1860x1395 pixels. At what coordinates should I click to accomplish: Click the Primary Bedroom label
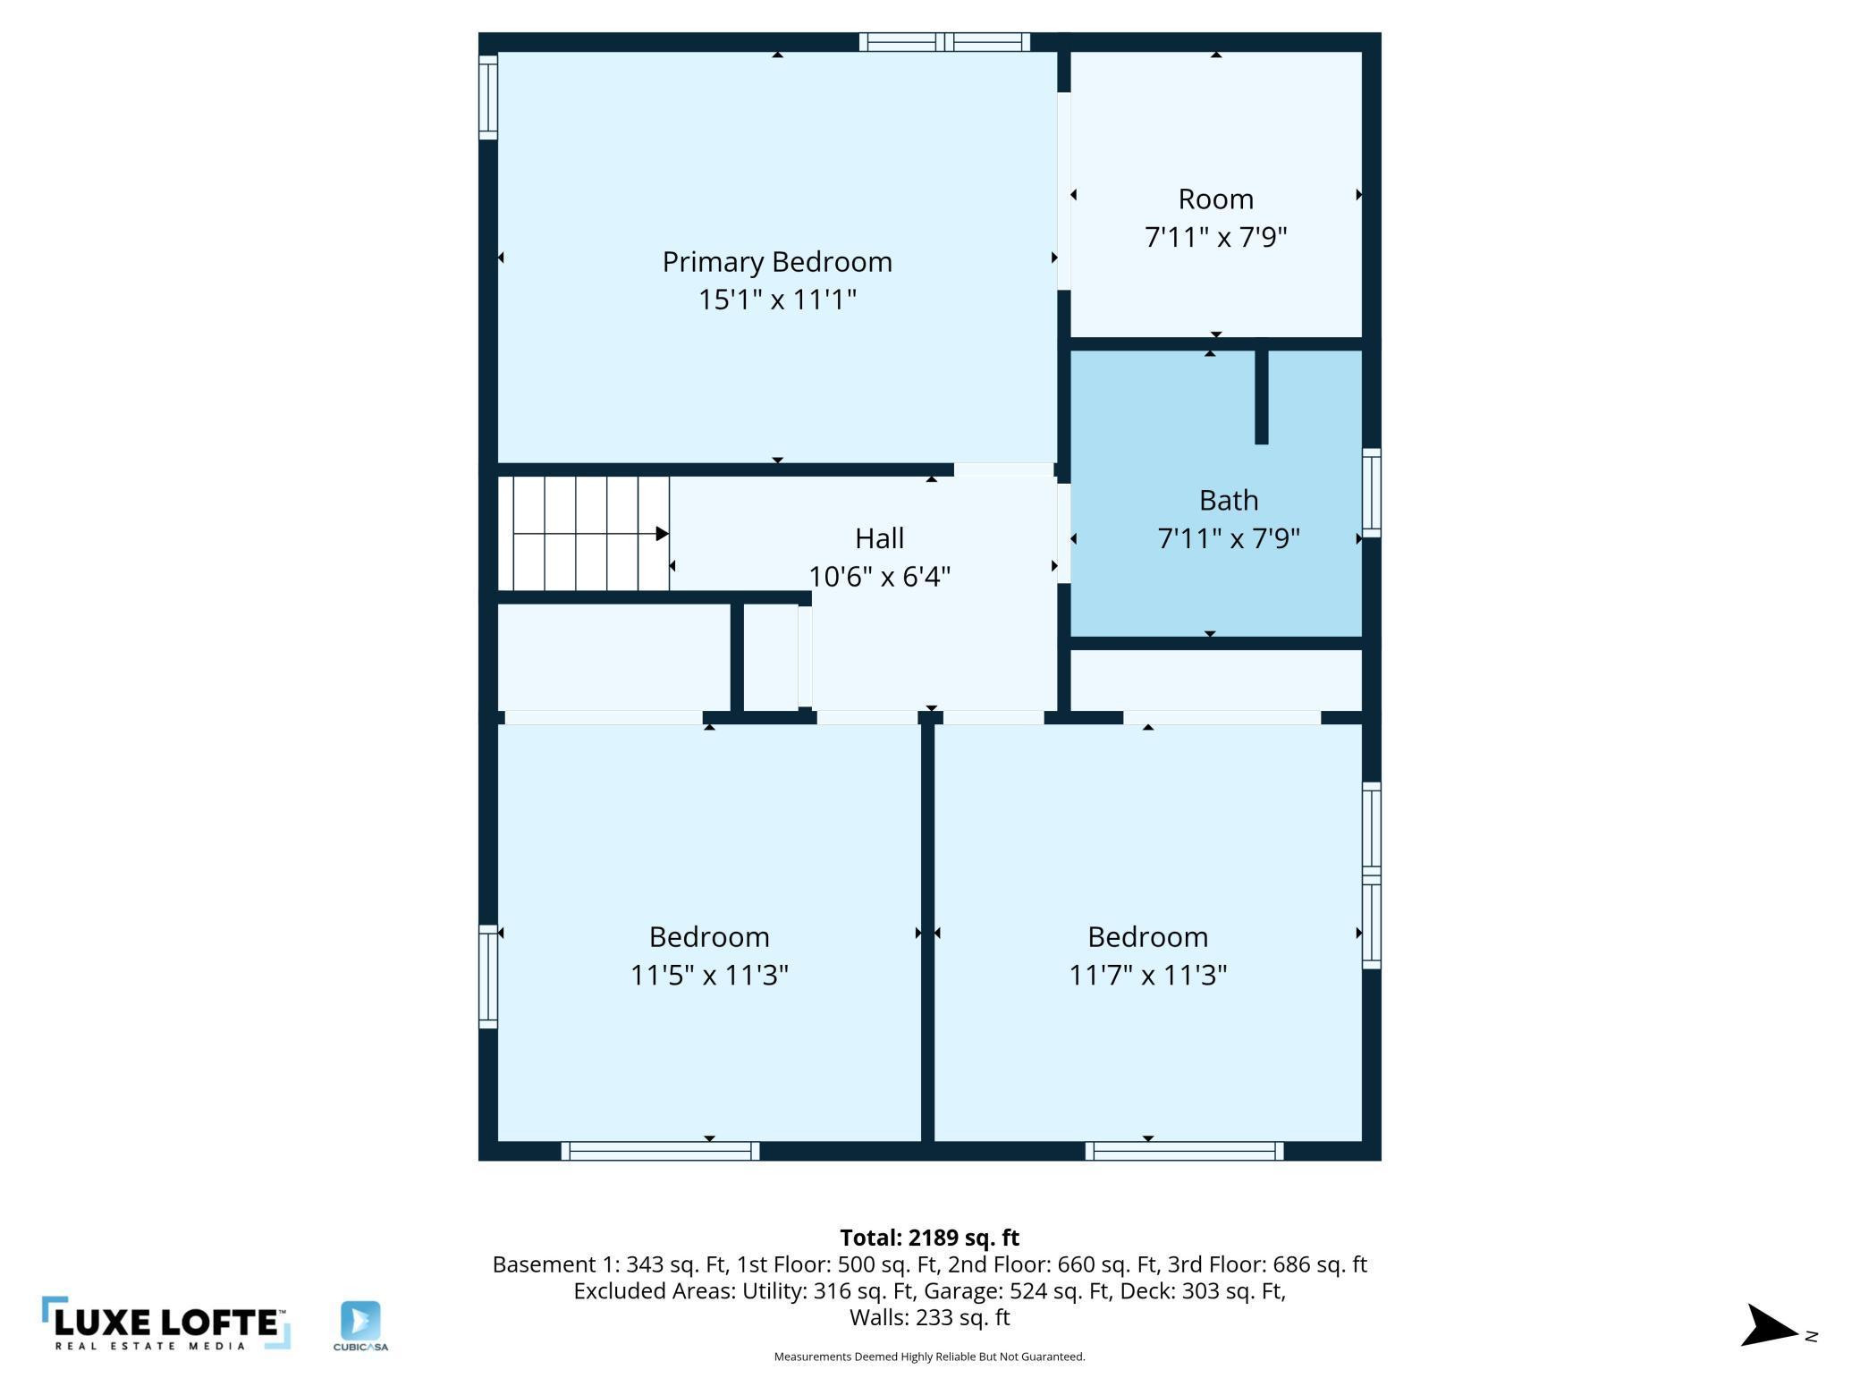coord(777,262)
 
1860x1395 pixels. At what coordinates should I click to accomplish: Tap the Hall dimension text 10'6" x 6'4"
coord(879,577)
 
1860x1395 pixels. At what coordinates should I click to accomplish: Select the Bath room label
coord(1229,500)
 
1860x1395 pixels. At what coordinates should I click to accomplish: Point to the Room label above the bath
coord(1215,199)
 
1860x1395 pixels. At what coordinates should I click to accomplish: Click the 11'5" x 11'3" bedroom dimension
coord(709,975)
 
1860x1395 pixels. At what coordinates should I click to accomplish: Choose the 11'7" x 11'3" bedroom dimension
coord(1148,975)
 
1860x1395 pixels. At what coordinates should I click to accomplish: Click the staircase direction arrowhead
coord(663,534)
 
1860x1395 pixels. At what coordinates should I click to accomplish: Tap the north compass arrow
coord(1769,1325)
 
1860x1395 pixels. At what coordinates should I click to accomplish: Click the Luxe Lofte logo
coord(166,1323)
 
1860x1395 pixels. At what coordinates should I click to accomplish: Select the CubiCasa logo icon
coord(360,1321)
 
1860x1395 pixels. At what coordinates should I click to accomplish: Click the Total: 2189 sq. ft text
coord(929,1238)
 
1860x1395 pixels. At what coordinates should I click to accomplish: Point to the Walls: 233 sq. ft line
coord(929,1317)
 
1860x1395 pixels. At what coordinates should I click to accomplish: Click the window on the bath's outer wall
coord(1372,493)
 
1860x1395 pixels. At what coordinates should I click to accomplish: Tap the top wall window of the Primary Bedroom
coord(944,42)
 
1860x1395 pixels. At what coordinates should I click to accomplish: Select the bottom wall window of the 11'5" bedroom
coord(660,1151)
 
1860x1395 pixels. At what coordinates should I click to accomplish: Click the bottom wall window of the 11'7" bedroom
coord(1184,1151)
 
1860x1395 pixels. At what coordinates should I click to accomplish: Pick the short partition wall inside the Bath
coord(1262,396)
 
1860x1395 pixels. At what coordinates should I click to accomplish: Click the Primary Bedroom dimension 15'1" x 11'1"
coord(777,300)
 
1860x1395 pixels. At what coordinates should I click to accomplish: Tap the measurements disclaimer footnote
coord(929,1357)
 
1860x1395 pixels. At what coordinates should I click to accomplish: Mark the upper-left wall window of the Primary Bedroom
coord(488,97)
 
